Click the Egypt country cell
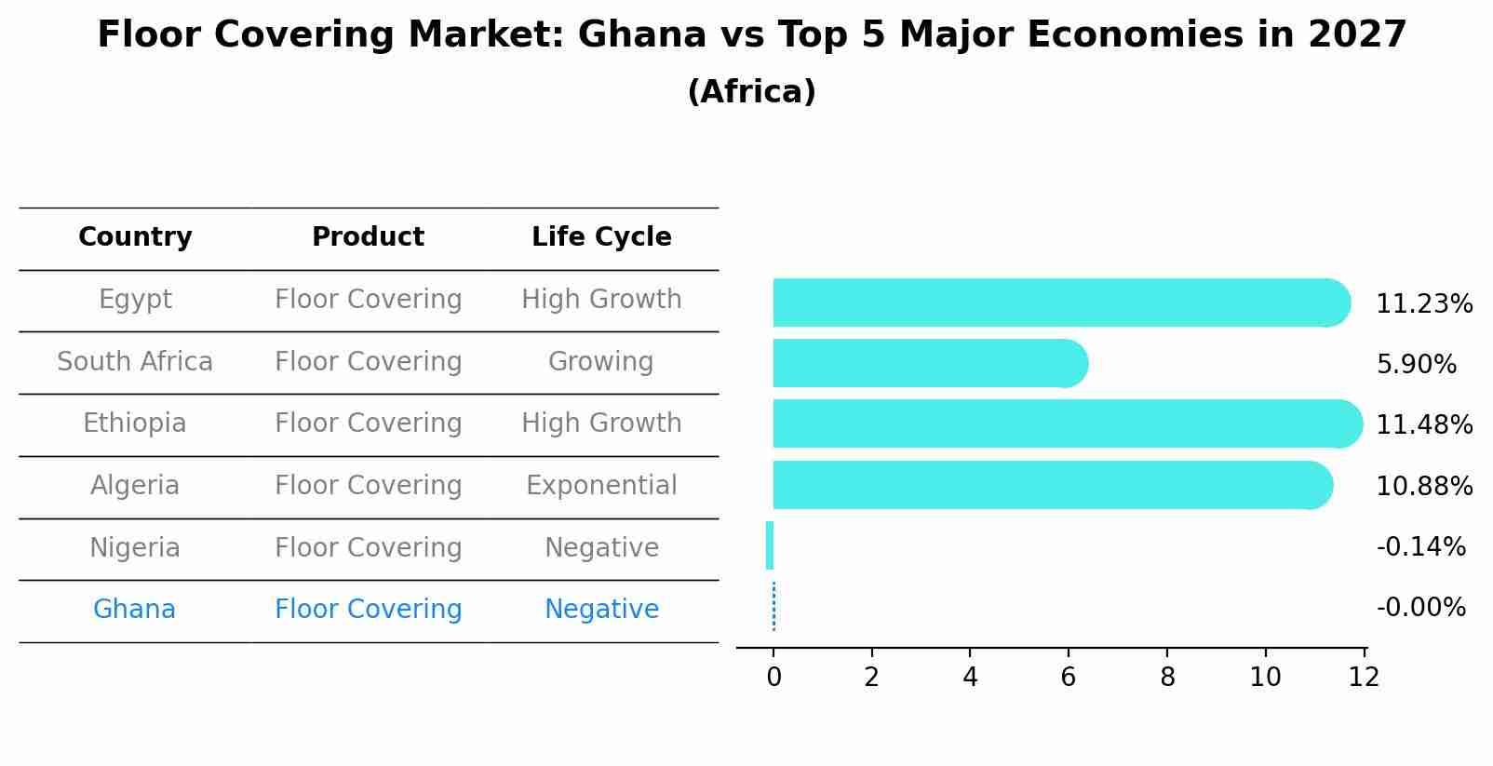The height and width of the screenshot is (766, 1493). click(x=135, y=300)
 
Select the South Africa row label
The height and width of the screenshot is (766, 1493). click(x=135, y=362)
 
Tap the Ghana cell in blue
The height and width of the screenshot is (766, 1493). click(x=134, y=610)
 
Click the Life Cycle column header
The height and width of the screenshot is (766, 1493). click(x=601, y=237)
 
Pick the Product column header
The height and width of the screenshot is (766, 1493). click(x=368, y=237)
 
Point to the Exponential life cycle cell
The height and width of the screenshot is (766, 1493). click(x=601, y=486)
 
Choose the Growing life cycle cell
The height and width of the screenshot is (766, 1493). click(x=601, y=362)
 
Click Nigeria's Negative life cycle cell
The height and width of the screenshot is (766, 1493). click(x=601, y=548)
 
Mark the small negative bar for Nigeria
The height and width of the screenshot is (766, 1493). click(x=770, y=545)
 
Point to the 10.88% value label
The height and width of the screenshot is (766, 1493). click(x=1424, y=487)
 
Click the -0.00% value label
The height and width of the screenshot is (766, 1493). click(x=1420, y=608)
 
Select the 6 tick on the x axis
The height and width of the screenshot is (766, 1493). click(x=1068, y=678)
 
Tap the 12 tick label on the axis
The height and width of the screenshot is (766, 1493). click(x=1364, y=678)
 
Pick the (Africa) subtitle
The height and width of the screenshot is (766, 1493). click(x=751, y=92)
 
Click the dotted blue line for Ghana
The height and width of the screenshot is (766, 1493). click(x=773, y=606)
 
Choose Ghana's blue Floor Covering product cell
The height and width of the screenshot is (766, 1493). click(x=368, y=610)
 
